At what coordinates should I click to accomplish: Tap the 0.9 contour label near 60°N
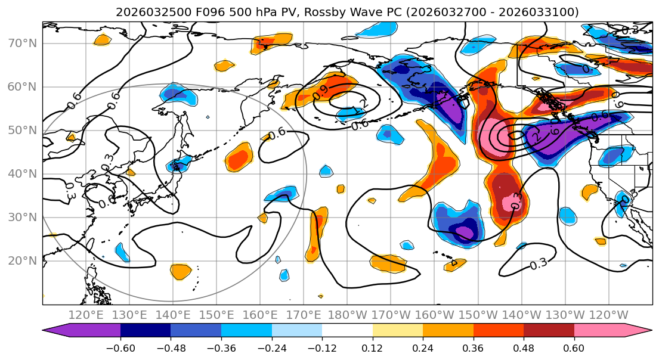point(320,92)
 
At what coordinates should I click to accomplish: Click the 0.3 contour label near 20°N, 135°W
point(538,263)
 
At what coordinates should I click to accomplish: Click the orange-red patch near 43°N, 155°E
point(240,157)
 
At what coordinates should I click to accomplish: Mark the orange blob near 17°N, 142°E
point(181,271)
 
